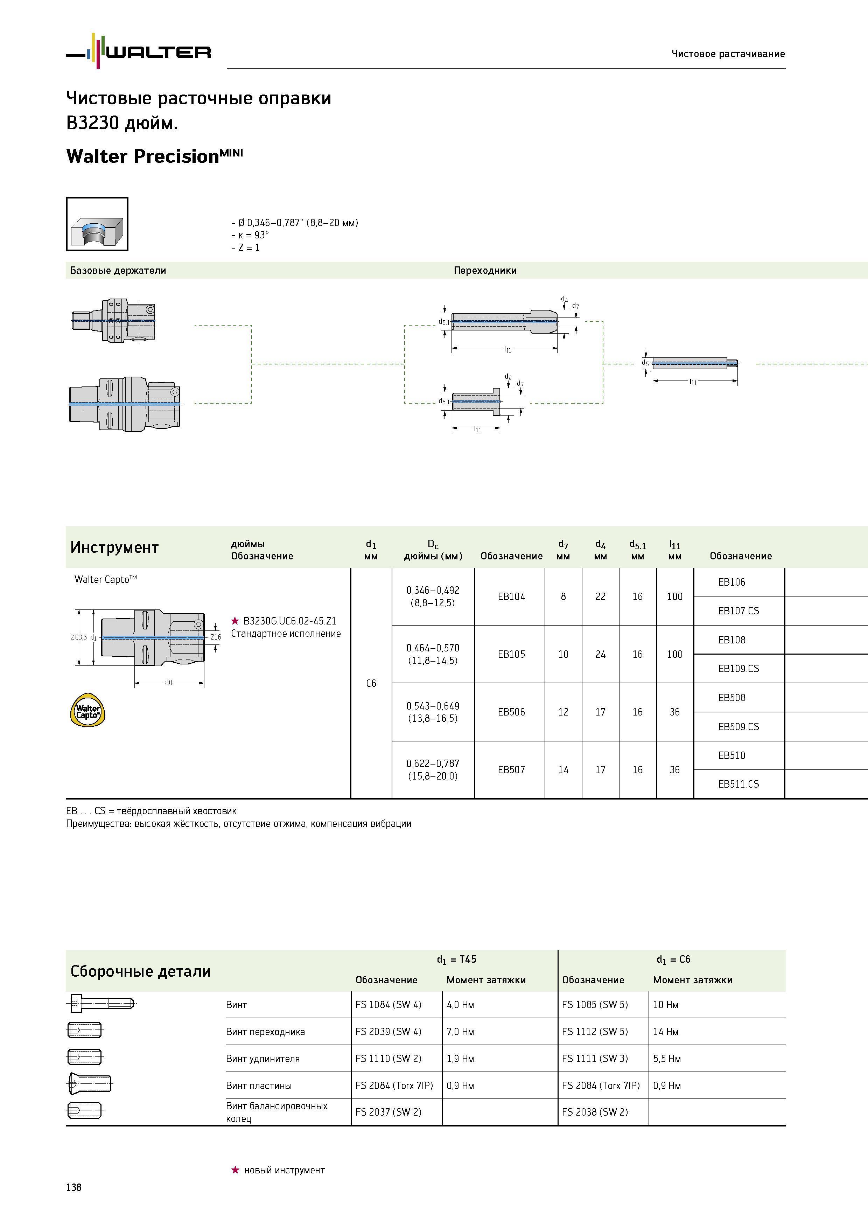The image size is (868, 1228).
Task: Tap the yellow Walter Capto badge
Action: pyautogui.click(x=88, y=710)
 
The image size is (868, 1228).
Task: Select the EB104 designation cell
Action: pyautogui.click(x=511, y=596)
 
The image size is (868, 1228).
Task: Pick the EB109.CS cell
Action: pyautogui.click(x=738, y=669)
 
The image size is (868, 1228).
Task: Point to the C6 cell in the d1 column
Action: pyautogui.click(x=371, y=683)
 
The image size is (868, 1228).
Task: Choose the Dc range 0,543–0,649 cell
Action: pyautogui.click(x=433, y=712)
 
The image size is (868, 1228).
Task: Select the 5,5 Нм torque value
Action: pyautogui.click(x=667, y=1059)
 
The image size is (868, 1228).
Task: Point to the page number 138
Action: pyautogui.click(x=74, y=1187)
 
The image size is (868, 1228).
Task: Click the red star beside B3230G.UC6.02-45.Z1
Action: pyautogui.click(x=235, y=620)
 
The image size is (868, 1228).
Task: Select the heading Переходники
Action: pyautogui.click(x=485, y=270)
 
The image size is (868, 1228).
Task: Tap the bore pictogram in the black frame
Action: pyautogui.click(x=97, y=224)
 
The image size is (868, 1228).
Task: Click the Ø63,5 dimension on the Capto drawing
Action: pyautogui.click(x=78, y=637)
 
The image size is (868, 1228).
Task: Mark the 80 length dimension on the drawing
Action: pyautogui.click(x=168, y=683)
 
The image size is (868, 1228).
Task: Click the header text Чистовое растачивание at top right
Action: pyautogui.click(x=728, y=54)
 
